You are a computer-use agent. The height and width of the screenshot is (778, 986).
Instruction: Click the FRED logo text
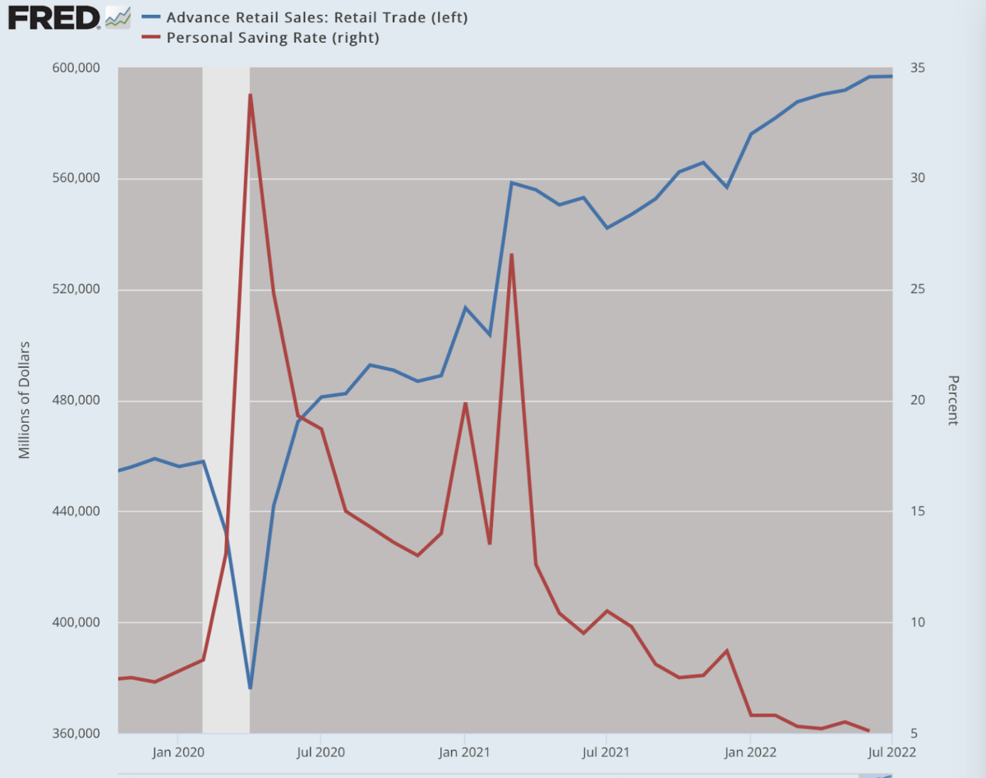tap(53, 18)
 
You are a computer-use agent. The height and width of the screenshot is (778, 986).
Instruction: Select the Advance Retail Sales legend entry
tap(305, 17)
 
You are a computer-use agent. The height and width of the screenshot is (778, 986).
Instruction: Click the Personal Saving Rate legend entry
tap(260, 38)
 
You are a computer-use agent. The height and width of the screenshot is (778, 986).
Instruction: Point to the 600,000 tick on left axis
tap(76, 68)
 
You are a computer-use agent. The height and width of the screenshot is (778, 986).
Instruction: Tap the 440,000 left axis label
tap(76, 511)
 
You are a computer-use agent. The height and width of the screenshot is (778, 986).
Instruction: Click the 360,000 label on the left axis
tap(76, 733)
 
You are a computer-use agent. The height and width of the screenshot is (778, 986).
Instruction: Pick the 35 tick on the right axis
tap(918, 68)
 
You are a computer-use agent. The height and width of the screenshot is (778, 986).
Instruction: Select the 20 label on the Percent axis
tap(918, 400)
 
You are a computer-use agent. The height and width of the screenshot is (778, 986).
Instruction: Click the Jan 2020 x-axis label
tap(178, 753)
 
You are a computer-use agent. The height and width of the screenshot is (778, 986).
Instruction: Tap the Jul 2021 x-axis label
tap(606, 753)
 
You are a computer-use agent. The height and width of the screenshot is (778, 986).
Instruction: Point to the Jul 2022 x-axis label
tap(892, 753)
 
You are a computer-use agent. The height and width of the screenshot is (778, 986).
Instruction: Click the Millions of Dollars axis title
tap(24, 400)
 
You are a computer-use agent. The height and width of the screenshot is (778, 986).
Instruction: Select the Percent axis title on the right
tap(953, 401)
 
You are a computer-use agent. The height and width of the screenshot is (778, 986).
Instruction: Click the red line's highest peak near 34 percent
tap(250, 95)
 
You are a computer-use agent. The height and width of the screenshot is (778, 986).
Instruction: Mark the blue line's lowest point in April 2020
tap(250, 688)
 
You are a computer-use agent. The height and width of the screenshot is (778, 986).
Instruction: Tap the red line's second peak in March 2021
tap(511, 254)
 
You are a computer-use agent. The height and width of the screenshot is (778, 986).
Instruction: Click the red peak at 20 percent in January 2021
tap(465, 403)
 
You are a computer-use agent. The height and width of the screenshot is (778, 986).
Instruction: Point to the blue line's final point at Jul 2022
tap(892, 76)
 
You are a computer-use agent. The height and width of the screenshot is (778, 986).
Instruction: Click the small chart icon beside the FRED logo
tap(117, 18)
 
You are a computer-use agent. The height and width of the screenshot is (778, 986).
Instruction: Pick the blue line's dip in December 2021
tap(727, 188)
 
